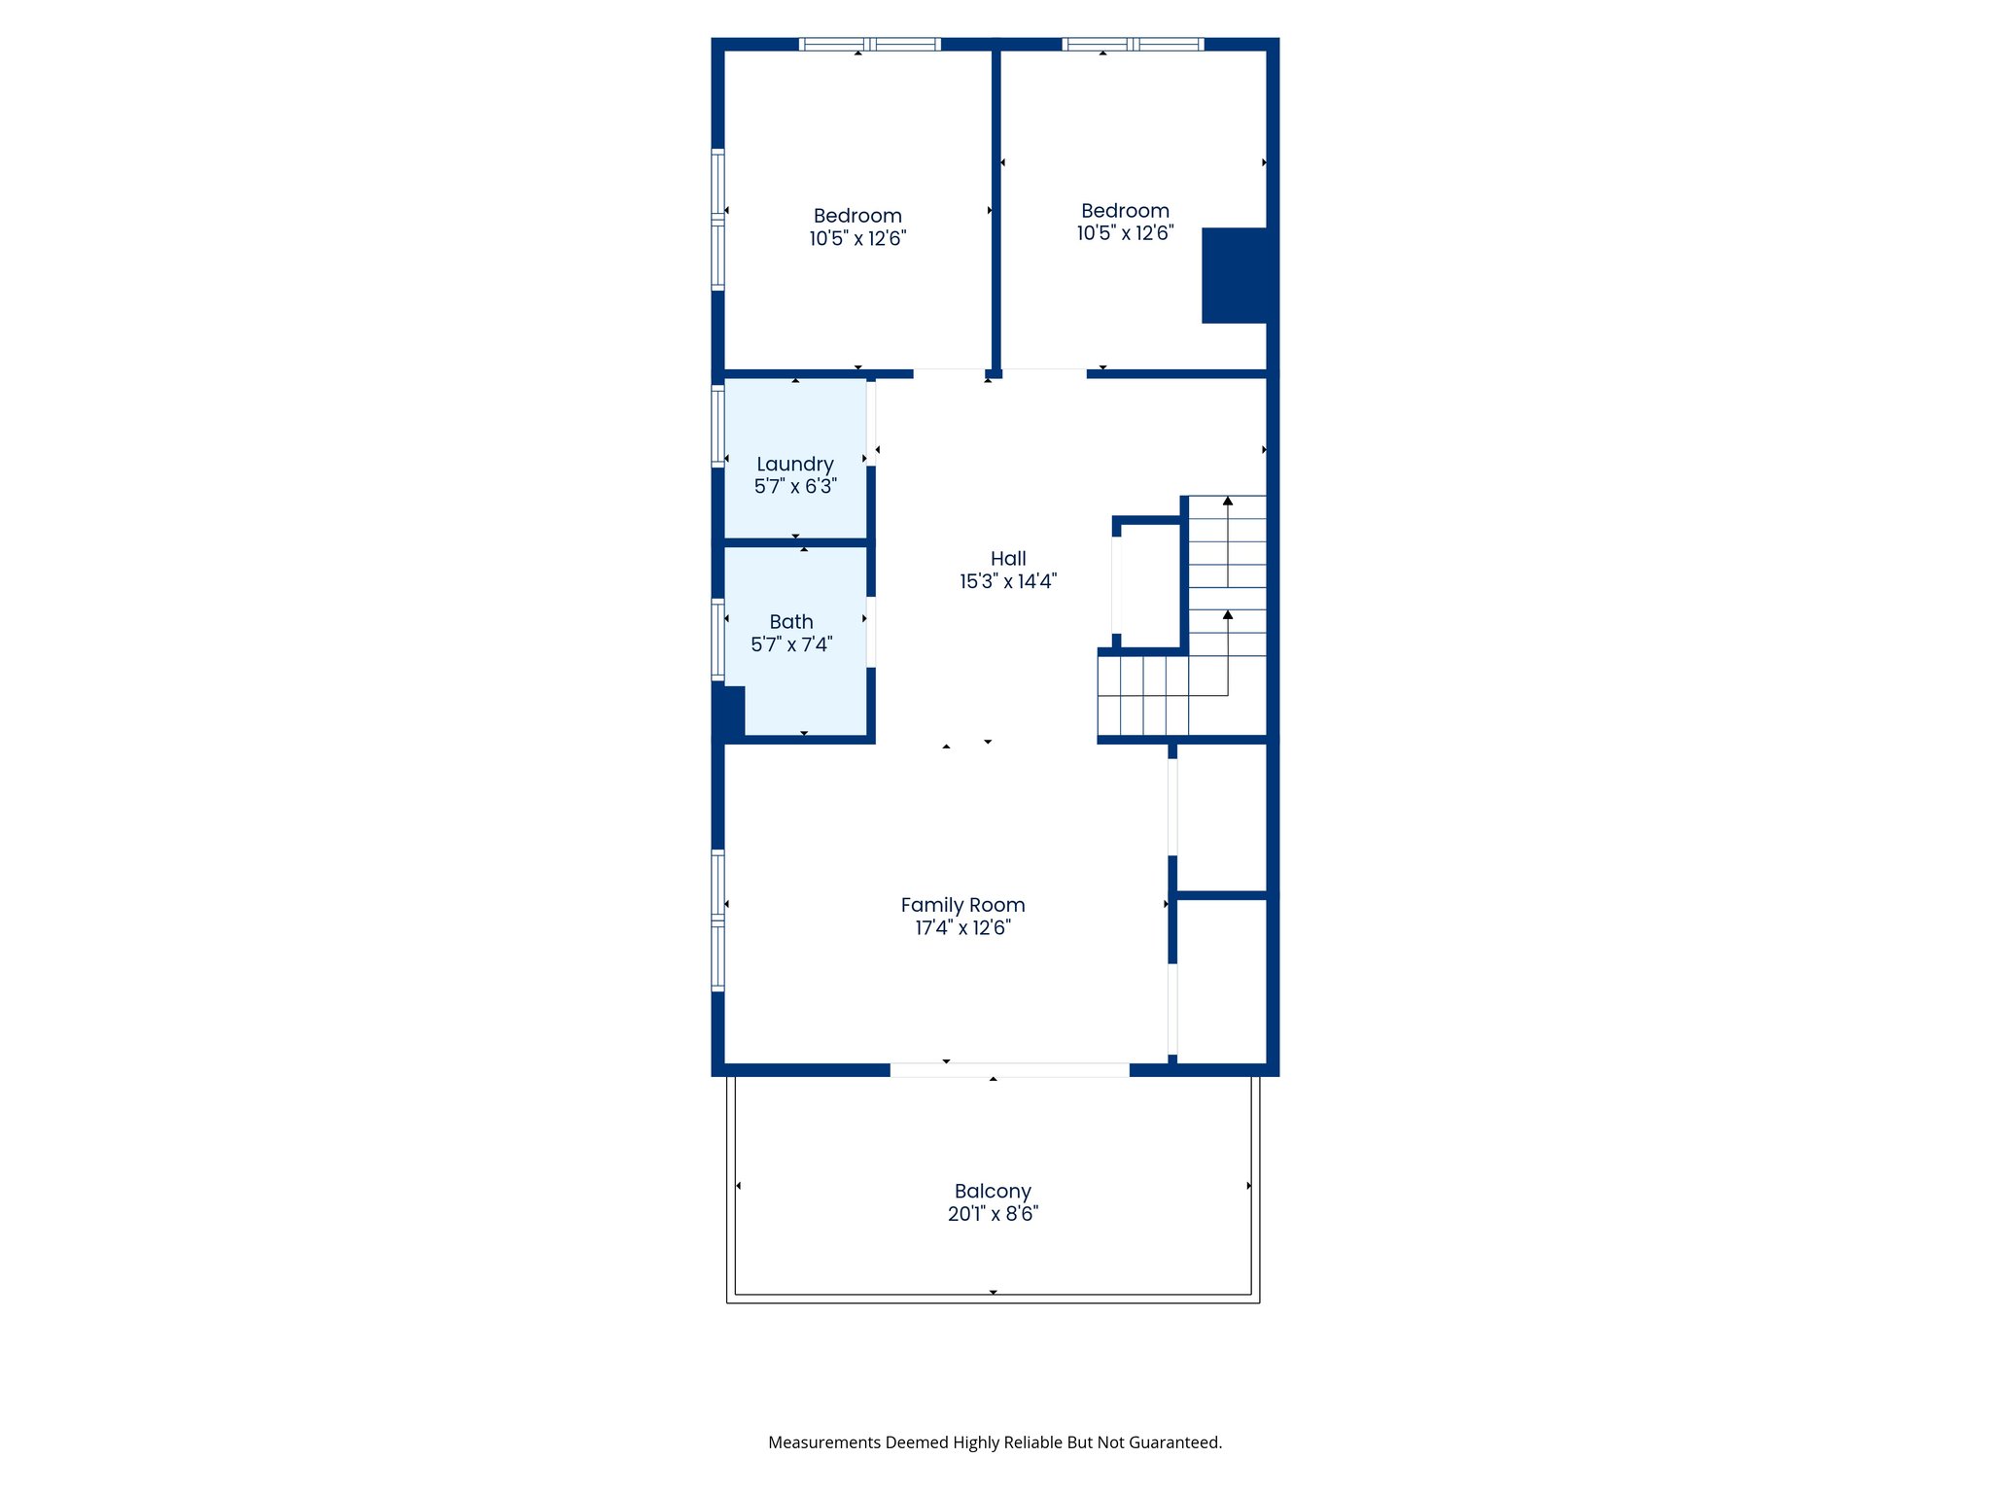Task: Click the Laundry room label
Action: coord(795,465)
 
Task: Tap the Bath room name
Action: coord(791,622)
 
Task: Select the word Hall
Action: coord(1008,559)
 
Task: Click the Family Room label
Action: coord(962,905)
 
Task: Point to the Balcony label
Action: coord(993,1191)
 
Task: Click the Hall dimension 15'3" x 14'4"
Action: coord(1008,581)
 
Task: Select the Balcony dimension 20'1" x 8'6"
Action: coord(993,1214)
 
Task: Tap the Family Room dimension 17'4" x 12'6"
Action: coord(962,928)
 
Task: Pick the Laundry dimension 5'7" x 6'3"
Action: coord(795,486)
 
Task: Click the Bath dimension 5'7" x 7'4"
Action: coord(791,644)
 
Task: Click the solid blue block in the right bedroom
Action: coord(1235,275)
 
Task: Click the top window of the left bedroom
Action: coord(870,44)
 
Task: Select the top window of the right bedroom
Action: coord(1133,44)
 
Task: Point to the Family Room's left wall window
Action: coord(718,920)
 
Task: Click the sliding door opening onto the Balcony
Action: coord(1009,1070)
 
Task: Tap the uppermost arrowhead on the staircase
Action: coord(1228,502)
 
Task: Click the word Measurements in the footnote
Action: coord(823,1442)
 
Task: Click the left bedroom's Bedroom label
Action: coord(857,216)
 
